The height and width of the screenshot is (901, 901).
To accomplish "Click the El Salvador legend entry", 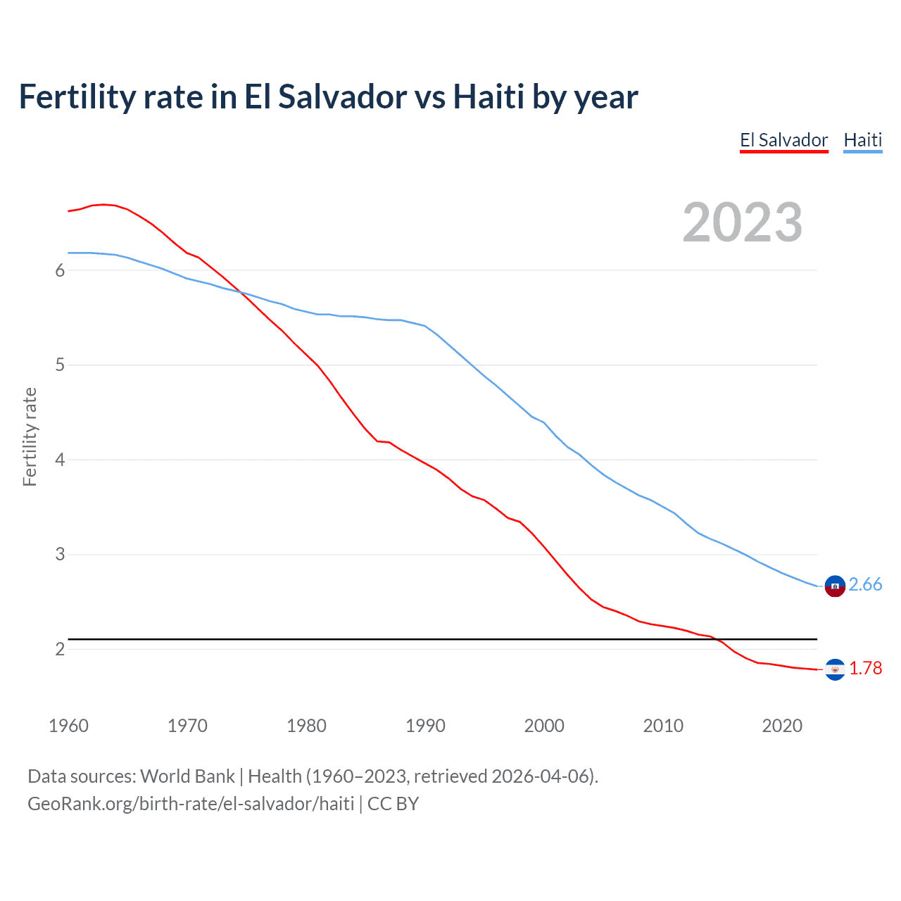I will click(x=783, y=140).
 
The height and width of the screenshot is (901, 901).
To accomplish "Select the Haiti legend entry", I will click(x=862, y=140).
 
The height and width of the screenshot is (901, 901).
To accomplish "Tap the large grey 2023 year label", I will click(x=742, y=222).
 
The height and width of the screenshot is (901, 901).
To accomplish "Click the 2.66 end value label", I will click(x=865, y=584).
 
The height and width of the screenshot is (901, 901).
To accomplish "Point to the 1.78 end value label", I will click(x=865, y=668).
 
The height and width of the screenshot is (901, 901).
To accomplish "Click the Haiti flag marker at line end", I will click(x=835, y=586).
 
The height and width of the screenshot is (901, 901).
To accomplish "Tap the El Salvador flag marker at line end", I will click(x=835, y=669).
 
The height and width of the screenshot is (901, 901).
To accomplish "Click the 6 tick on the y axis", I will click(x=60, y=271).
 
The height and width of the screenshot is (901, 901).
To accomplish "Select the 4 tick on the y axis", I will click(x=60, y=460).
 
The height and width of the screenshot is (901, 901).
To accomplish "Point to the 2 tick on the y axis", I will click(x=60, y=649).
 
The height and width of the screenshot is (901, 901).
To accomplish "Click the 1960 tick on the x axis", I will click(x=68, y=726).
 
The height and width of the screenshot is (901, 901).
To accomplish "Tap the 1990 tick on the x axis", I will click(x=425, y=726).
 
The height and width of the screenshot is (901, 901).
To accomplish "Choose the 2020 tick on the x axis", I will click(x=782, y=726).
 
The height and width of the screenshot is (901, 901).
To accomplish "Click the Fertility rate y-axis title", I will click(x=30, y=436).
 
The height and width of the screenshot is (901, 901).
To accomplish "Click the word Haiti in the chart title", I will click(x=489, y=97).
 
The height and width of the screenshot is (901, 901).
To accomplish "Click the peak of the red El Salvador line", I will click(x=103, y=204).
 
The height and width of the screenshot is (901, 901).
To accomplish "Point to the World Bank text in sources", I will click(x=187, y=776).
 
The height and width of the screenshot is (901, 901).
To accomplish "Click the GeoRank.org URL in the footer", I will click(x=191, y=804).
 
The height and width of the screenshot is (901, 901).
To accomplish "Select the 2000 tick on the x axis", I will click(x=544, y=726).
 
